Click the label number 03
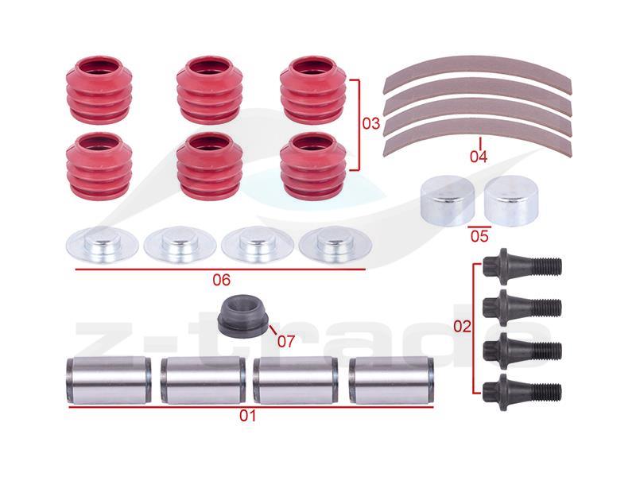(370, 123)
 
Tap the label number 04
(479, 156)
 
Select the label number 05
(479, 236)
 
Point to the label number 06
(222, 280)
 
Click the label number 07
(285, 342)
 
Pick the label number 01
(248, 416)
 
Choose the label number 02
(462, 326)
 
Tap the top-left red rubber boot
(99, 90)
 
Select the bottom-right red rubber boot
(312, 166)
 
